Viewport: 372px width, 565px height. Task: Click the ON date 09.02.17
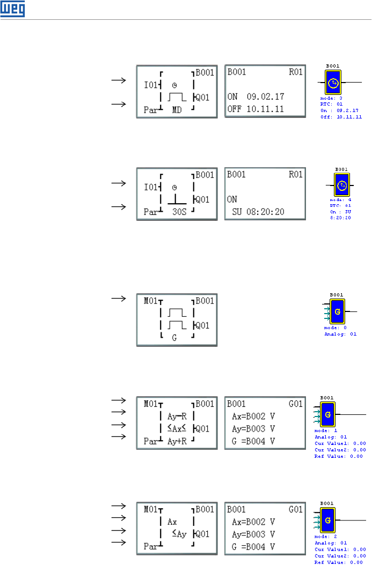265,97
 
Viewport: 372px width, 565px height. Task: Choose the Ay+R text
177,441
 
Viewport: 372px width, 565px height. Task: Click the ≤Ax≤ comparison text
177,428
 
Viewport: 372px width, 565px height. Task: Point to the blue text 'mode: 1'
324,430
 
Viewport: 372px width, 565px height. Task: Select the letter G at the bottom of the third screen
174,338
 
